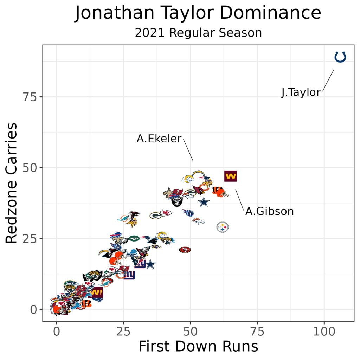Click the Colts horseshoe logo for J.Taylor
[340, 57]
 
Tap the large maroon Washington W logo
[230, 176]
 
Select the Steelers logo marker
[223, 227]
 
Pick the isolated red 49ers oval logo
[185, 250]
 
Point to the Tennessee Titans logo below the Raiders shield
[188, 212]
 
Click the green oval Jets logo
[134, 238]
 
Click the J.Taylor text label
[301, 92]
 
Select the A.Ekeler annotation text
[159, 139]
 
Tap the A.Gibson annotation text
[269, 211]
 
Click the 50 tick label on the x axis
[190, 332]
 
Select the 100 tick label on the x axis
[324, 332]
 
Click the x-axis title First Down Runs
[198, 347]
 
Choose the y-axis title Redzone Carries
[12, 183]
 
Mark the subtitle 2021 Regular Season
[198, 33]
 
